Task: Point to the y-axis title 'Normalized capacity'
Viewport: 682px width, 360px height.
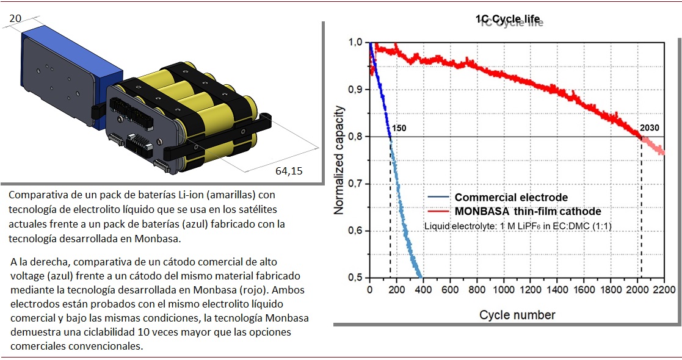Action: coord(339,160)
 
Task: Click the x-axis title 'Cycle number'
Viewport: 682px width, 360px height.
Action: coord(517,315)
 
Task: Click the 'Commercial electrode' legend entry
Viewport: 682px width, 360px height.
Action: coord(511,197)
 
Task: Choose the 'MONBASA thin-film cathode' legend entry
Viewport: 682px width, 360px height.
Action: coord(528,211)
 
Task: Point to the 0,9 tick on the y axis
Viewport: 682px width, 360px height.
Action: coord(355,90)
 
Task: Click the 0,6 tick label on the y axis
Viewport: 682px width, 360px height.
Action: coord(355,231)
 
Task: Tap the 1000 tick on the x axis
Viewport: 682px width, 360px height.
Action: coord(504,290)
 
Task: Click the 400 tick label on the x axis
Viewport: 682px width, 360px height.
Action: coord(423,290)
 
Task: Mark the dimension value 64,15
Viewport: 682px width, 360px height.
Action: coord(289,171)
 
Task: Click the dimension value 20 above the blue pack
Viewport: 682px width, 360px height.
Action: coord(16,18)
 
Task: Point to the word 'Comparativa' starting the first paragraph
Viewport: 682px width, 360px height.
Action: coord(36,195)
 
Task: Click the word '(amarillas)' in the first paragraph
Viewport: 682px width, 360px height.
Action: coord(237,195)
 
